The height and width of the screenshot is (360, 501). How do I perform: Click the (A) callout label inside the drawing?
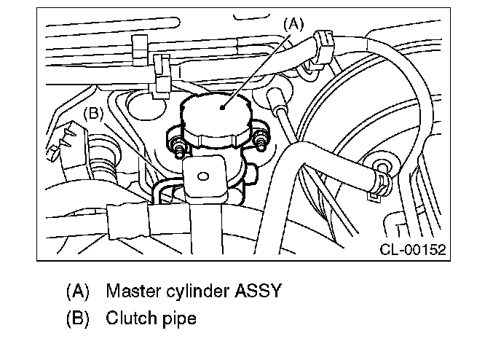click(291, 23)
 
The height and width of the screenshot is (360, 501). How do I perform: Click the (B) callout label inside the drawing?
click(95, 113)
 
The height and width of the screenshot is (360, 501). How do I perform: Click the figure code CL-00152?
click(412, 250)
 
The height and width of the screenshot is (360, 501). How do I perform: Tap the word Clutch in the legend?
click(130, 318)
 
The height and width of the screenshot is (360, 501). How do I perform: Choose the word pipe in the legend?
click(179, 318)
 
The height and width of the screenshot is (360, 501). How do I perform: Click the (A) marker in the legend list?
click(77, 291)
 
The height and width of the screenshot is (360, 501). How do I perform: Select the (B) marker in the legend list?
click(77, 318)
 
